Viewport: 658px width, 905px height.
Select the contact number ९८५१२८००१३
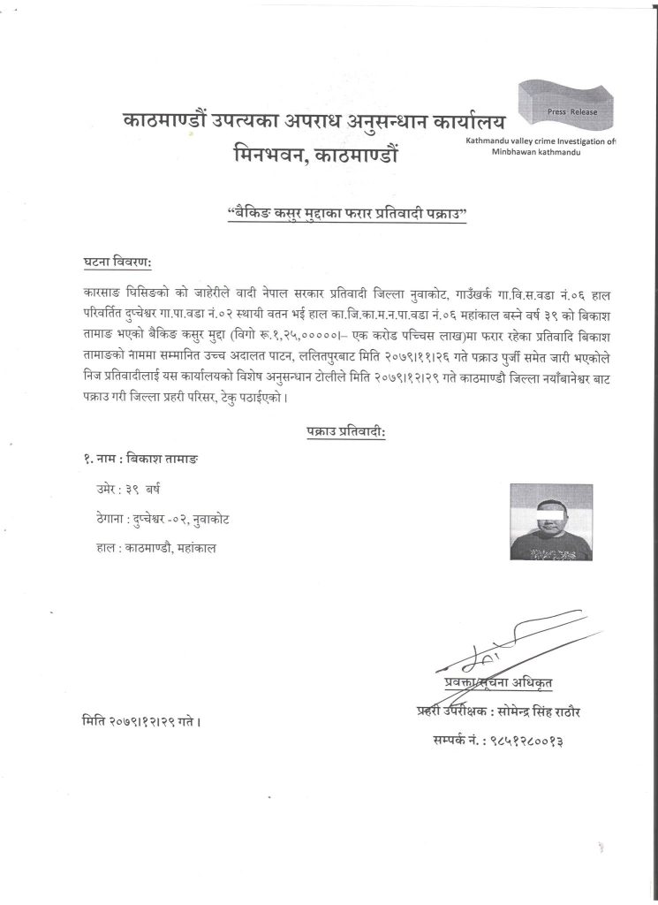click(x=540, y=735)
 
